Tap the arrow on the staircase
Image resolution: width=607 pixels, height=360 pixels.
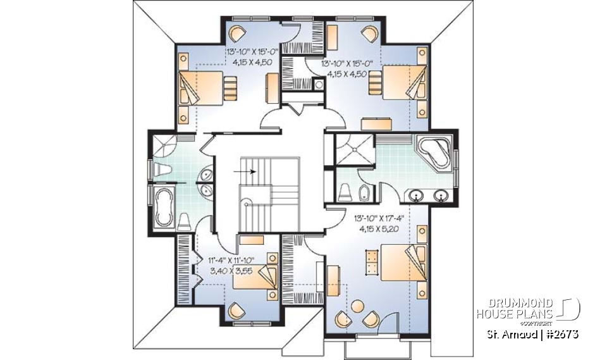pos(247,171)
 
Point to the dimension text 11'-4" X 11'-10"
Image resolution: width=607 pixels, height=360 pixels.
pos(231,259)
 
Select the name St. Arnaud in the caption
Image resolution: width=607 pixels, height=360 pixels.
pos(512,333)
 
